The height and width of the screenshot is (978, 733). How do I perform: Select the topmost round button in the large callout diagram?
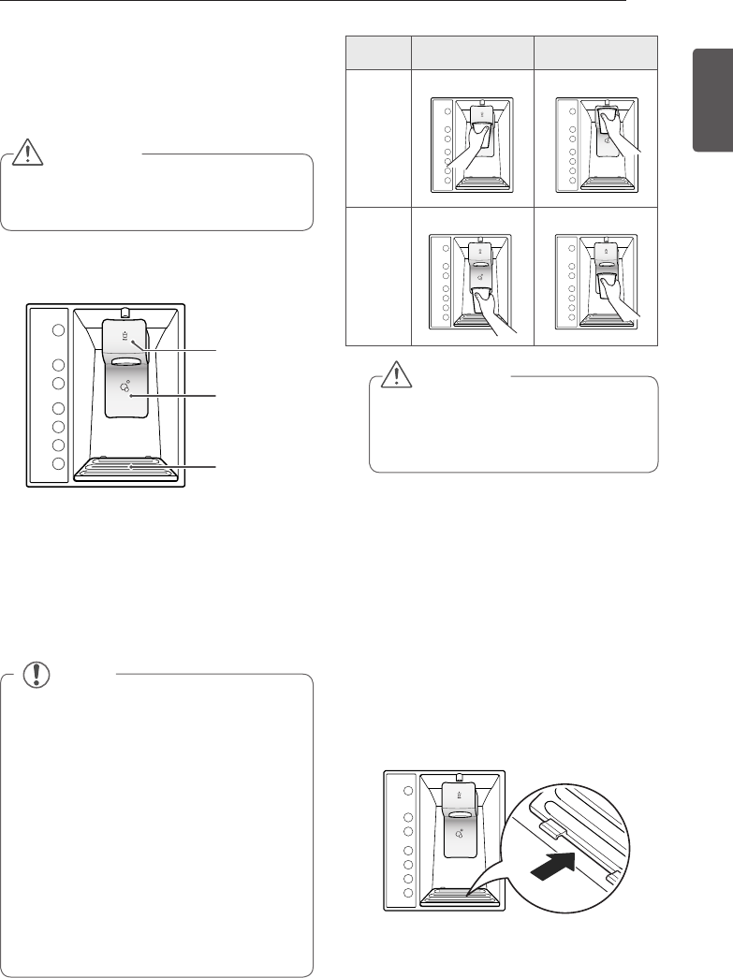coord(58,330)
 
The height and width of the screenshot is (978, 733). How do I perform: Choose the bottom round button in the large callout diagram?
coord(58,463)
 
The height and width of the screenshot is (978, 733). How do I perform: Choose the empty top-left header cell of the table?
coord(379,52)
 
